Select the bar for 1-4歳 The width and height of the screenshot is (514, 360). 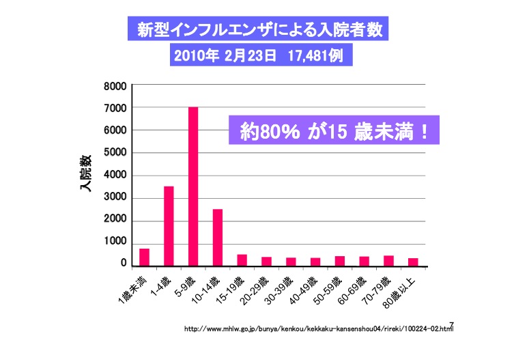coord(169,226)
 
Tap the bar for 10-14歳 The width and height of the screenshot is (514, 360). coord(218,237)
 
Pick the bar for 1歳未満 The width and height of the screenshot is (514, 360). coord(144,257)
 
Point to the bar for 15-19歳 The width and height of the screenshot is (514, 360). coord(242,260)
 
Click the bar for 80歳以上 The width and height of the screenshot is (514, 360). coord(413,262)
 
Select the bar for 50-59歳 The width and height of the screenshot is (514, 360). coord(340,261)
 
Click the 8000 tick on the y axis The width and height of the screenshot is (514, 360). coord(115,86)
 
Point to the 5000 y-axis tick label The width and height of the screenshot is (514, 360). coord(115,153)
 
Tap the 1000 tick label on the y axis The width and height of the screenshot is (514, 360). coord(115,243)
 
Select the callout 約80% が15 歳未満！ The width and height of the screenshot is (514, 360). coord(332,130)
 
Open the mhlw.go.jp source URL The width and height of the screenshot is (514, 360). coord(318,329)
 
